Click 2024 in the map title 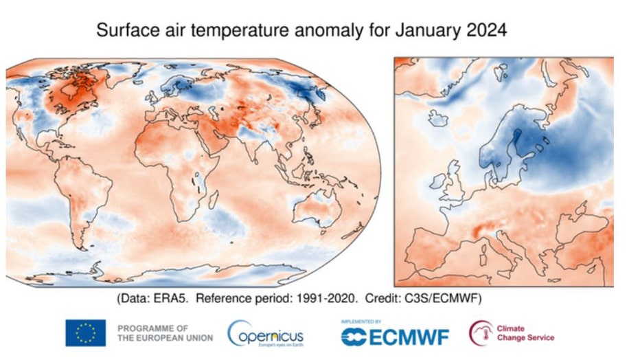coord(483,31)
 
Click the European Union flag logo coord(85,333)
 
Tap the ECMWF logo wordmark coord(396,337)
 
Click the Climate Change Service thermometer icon coord(480,333)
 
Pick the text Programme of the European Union coord(165,333)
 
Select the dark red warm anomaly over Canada coord(76,96)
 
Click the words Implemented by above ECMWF coord(361,321)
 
